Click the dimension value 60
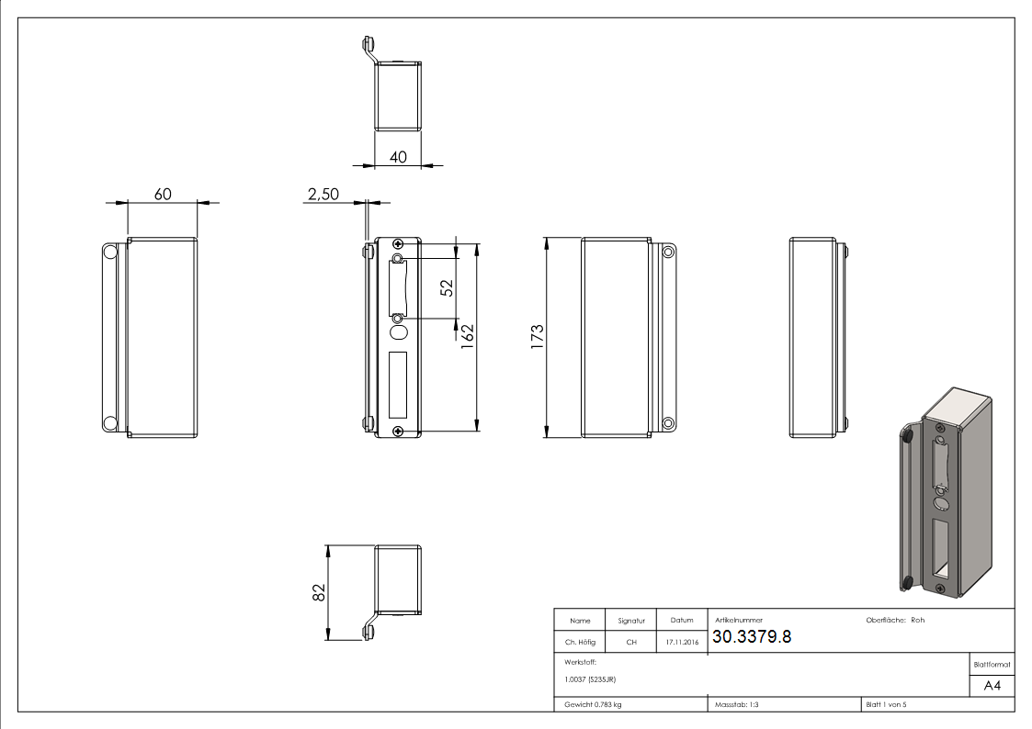pyautogui.click(x=163, y=194)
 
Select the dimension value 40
pyautogui.click(x=398, y=157)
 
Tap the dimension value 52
pyautogui.click(x=448, y=287)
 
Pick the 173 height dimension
pyautogui.click(x=538, y=335)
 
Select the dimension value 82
pyautogui.click(x=319, y=592)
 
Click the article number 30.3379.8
pyautogui.click(x=751, y=637)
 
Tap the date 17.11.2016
pyautogui.click(x=681, y=642)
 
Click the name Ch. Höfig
pyautogui.click(x=580, y=642)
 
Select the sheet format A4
pyautogui.click(x=992, y=686)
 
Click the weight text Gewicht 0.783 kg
pyautogui.click(x=593, y=704)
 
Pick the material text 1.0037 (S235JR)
pyautogui.click(x=590, y=679)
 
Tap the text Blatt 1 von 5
pyautogui.click(x=886, y=704)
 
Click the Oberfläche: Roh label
pyautogui.click(x=895, y=621)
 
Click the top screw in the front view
pyautogui.click(x=397, y=243)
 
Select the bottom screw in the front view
pyautogui.click(x=397, y=431)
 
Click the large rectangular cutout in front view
pyautogui.click(x=397, y=383)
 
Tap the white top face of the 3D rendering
pyautogui.click(x=957, y=404)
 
